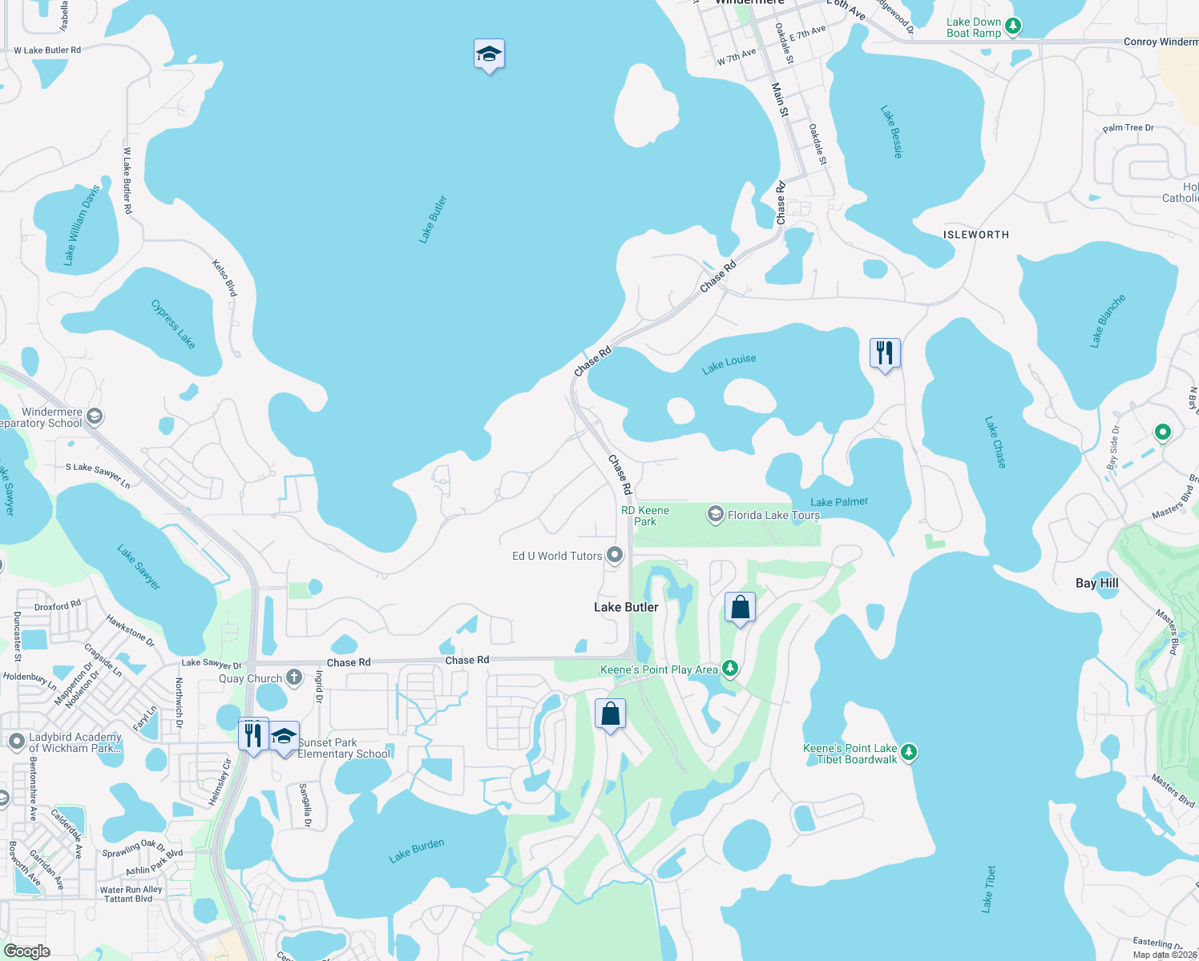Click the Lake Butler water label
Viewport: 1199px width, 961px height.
coord(433,219)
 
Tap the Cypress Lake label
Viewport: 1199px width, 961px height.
coord(173,324)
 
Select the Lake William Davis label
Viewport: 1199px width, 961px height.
coord(82,225)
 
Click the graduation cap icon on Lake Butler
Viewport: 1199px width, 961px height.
coord(489,54)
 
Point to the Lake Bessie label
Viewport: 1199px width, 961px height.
coord(891,131)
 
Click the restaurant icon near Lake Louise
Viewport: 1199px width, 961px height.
coord(885,352)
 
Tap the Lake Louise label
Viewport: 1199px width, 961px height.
coord(729,364)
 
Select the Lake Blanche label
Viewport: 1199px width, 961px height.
coord(1108,320)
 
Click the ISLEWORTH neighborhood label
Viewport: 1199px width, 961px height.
coord(975,235)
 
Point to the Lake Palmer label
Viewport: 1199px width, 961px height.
coord(839,502)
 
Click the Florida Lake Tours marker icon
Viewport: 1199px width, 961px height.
coord(715,514)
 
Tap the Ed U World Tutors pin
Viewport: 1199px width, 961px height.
coord(615,554)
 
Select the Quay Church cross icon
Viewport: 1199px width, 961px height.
coord(294,678)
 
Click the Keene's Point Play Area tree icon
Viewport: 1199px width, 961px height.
coord(729,668)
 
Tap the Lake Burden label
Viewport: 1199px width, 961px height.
coord(416,850)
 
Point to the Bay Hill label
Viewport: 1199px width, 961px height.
coord(1096,583)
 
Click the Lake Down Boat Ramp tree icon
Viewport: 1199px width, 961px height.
coord(1013,26)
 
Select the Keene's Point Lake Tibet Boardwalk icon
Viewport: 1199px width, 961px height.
coord(908,752)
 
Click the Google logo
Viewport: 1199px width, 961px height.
coord(27,951)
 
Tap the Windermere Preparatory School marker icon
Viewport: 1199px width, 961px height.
coord(95,416)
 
